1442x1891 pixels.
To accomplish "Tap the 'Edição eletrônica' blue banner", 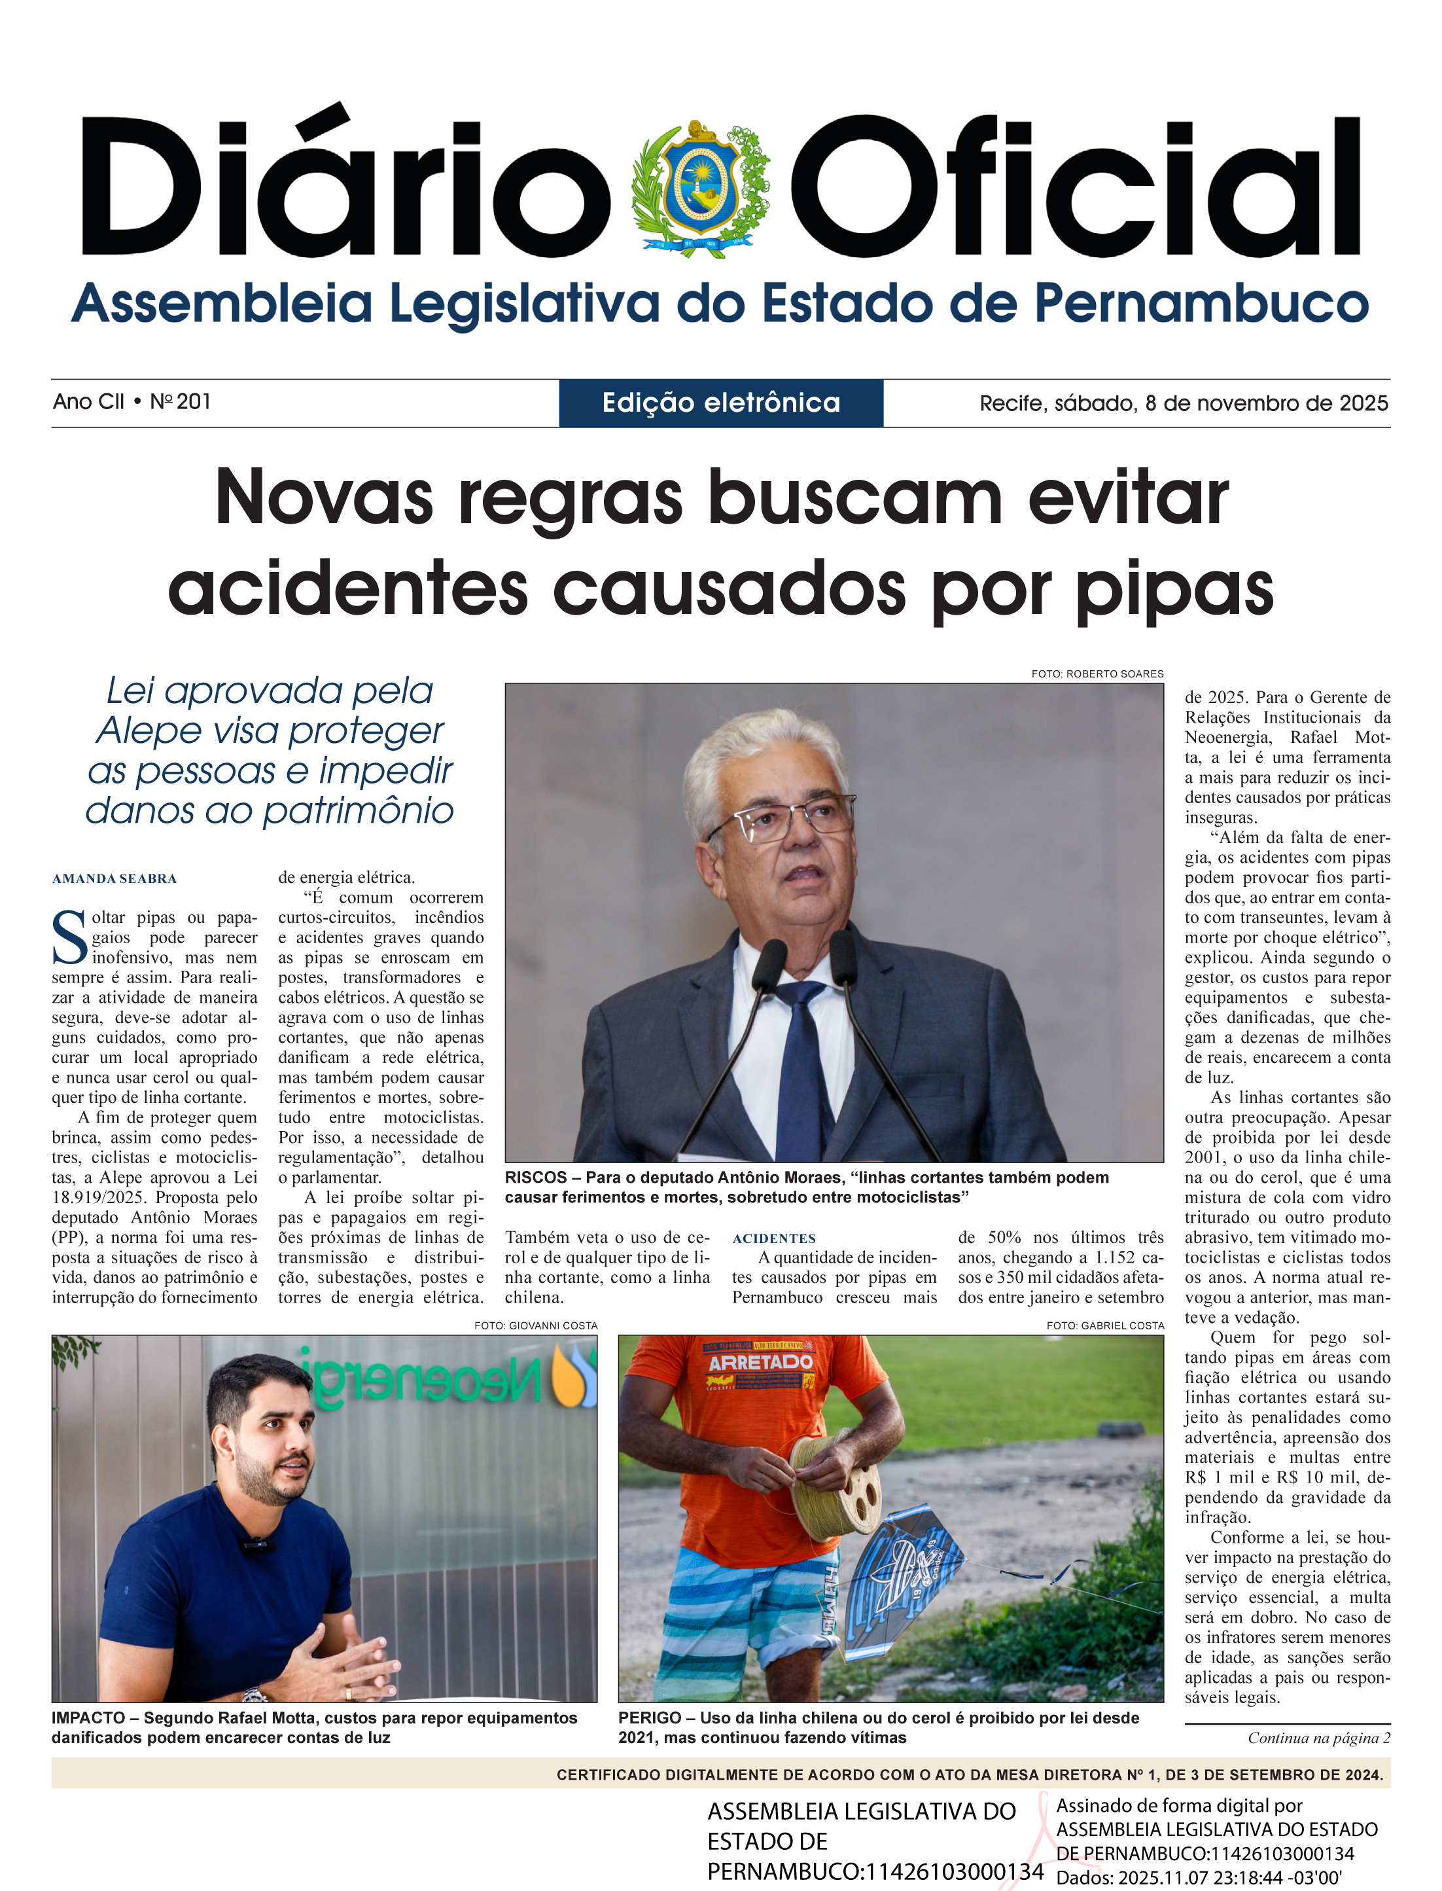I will pyautogui.click(x=721, y=403).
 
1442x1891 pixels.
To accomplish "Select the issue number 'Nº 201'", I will pyautogui.click(x=181, y=402).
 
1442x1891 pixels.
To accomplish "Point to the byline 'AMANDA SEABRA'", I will pyautogui.click(x=114, y=878).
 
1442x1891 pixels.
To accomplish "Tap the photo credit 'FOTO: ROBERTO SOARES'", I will pyautogui.click(x=1097, y=674).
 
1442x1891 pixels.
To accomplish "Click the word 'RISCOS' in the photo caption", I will pyautogui.click(x=536, y=1178).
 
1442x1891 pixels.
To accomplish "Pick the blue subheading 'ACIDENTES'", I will pyautogui.click(x=773, y=1238).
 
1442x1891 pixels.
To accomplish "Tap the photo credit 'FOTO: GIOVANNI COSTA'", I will pyautogui.click(x=536, y=1325).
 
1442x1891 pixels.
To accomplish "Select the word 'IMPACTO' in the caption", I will pyautogui.click(x=88, y=1718).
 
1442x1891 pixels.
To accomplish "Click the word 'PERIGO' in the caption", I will pyautogui.click(x=650, y=1718).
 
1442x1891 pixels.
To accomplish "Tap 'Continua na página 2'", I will pyautogui.click(x=1318, y=1738).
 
